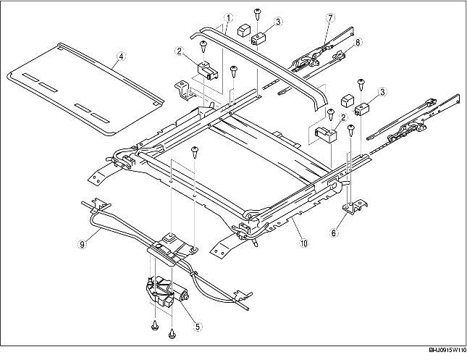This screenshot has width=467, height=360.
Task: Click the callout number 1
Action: pyautogui.click(x=227, y=17)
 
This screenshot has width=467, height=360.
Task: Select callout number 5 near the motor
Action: pyautogui.click(x=198, y=326)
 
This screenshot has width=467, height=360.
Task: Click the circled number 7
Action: pyautogui.click(x=330, y=17)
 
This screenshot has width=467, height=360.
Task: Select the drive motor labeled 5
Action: pyautogui.click(x=165, y=293)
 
